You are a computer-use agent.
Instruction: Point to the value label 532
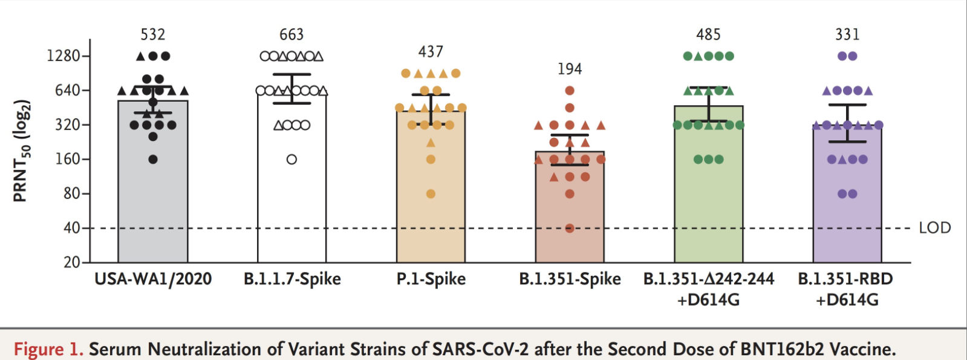click(x=153, y=34)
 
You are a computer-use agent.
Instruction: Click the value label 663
click(x=291, y=34)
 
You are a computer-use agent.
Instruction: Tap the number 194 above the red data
click(x=570, y=69)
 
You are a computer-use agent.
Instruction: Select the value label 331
click(x=847, y=34)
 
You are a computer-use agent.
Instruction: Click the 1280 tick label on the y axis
click(x=63, y=56)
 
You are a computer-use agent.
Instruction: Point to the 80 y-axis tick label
click(x=72, y=194)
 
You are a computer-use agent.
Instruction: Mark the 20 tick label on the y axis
click(x=72, y=263)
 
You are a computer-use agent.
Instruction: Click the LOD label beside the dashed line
click(x=935, y=228)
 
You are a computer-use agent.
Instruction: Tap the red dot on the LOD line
click(x=570, y=228)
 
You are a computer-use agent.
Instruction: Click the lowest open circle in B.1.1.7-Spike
click(x=291, y=160)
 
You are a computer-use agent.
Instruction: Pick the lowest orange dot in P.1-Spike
click(x=431, y=194)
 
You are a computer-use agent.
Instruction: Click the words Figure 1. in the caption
click(x=48, y=349)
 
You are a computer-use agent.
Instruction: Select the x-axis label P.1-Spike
click(x=431, y=279)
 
